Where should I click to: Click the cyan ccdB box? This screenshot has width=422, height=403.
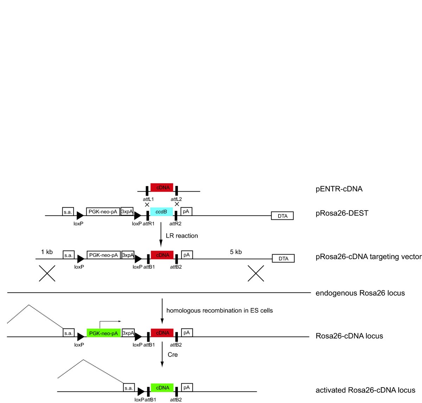[161, 212]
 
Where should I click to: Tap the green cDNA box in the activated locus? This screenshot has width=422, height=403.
[162, 388]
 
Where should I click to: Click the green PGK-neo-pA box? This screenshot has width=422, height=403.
[103, 333]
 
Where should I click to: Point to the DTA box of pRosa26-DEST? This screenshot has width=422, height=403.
[282, 216]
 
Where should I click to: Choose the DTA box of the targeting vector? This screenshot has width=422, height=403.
[283, 258]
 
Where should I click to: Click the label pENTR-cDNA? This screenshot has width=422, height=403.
[339, 189]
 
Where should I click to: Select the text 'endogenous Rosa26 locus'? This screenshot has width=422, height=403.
[360, 293]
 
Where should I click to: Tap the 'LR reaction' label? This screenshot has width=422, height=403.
[182, 236]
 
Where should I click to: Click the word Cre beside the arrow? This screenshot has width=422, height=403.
[173, 354]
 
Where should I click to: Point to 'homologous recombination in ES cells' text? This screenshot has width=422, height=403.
[219, 311]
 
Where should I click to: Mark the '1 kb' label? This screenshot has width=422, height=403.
[47, 252]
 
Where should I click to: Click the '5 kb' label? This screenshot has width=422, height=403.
[236, 252]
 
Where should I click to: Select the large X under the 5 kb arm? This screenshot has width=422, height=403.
[256, 273]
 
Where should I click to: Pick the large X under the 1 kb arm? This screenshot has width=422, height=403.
[47, 273]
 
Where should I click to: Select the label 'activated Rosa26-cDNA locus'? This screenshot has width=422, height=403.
[365, 390]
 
